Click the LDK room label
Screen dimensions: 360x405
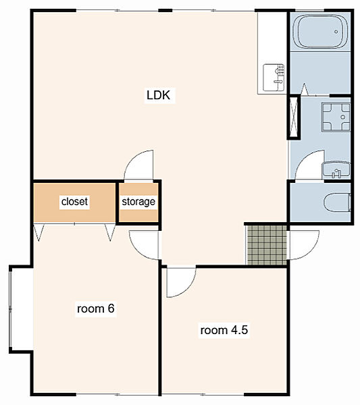(x=159, y=95)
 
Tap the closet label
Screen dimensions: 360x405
(x=74, y=201)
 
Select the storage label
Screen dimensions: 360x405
(x=138, y=202)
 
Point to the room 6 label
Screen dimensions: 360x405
(x=96, y=308)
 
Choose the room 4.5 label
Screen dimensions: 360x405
(x=224, y=330)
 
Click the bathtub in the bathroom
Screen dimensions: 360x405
(x=321, y=32)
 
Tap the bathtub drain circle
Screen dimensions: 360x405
(x=336, y=32)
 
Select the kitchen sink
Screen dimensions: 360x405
(x=274, y=78)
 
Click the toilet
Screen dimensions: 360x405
(x=337, y=202)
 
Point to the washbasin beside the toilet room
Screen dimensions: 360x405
(x=336, y=170)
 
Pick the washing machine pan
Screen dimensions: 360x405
(x=336, y=117)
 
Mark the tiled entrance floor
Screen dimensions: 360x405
(x=267, y=245)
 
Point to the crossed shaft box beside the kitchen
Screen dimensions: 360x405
(x=294, y=117)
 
